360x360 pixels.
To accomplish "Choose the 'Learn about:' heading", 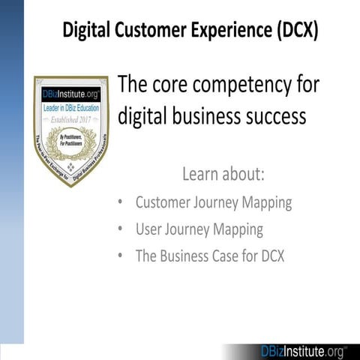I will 223,175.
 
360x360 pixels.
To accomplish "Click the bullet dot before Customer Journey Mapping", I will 121,203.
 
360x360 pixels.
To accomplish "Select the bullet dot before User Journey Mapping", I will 121,229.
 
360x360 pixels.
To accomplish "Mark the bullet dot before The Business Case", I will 121,256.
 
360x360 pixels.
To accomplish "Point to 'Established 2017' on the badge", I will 71,118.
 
